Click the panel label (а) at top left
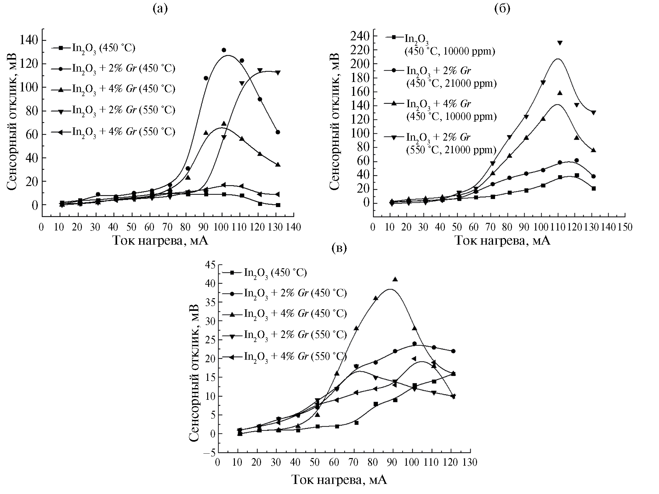coord(160,9)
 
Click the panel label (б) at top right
coord(502,9)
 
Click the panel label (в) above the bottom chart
coord(339,248)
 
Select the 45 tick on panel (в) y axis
coord(210,265)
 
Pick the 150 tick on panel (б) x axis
coord(625,227)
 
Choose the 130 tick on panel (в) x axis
coord(470,462)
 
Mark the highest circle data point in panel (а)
coord(224,50)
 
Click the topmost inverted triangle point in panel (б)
coord(560,43)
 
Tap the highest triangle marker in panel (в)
coord(395,279)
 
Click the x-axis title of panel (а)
coord(160,241)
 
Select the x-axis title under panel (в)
coord(339,480)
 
